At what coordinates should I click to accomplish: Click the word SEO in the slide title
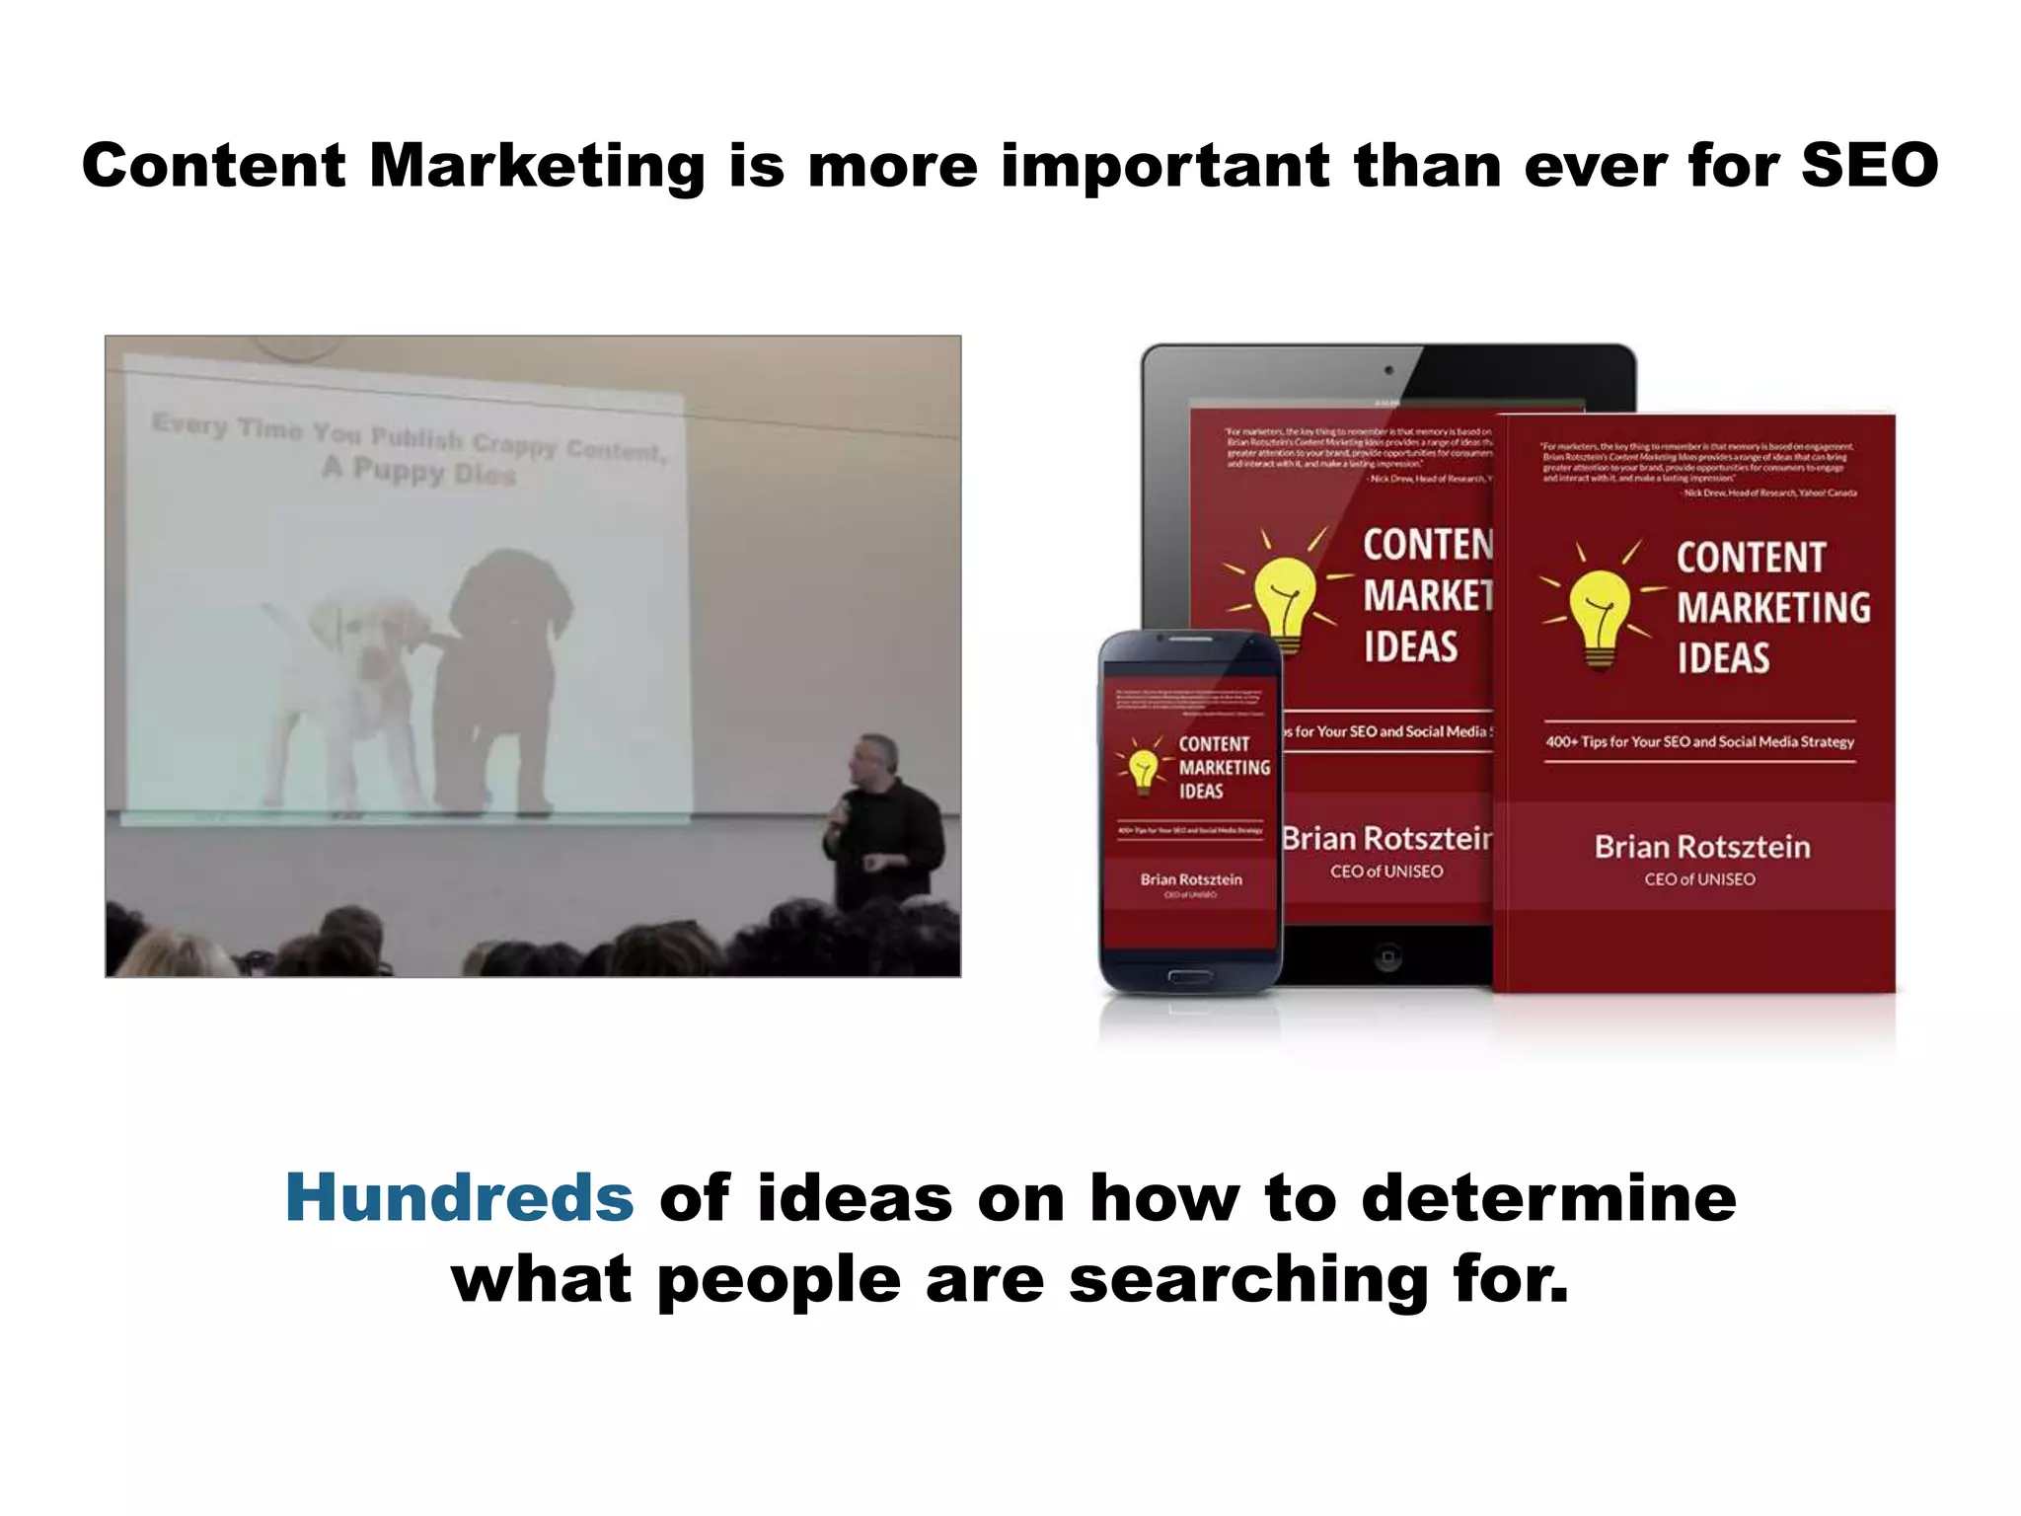click(x=1869, y=165)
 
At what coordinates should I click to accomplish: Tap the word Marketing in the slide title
click(x=537, y=165)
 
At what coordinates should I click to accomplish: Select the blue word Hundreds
click(x=459, y=1197)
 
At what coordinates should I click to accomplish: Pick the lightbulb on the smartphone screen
click(x=1143, y=770)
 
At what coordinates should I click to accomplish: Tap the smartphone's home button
click(x=1190, y=976)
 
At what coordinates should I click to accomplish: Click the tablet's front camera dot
click(x=1388, y=370)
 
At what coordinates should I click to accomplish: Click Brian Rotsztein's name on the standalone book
click(x=1702, y=847)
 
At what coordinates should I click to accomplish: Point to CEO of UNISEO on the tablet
click(x=1385, y=872)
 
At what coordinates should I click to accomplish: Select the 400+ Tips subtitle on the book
click(x=1699, y=741)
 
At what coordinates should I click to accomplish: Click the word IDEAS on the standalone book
click(x=1723, y=658)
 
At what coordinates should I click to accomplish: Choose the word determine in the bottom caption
click(x=1548, y=1197)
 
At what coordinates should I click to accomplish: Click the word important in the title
click(x=1165, y=165)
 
